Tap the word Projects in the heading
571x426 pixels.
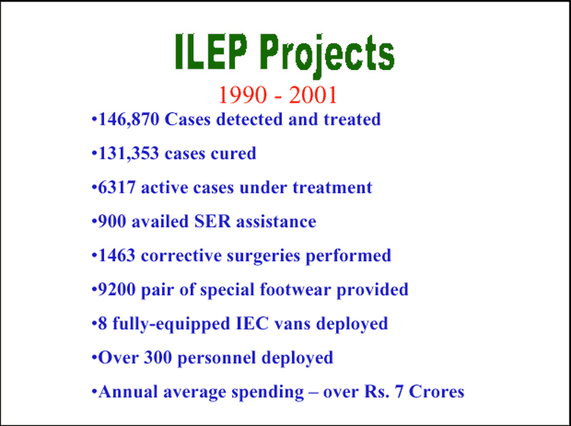328,56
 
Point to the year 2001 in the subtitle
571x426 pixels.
313,95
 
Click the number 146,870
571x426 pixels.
129,119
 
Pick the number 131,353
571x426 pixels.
129,153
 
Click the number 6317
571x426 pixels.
117,188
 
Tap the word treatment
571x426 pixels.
333,188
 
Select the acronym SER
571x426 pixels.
213,221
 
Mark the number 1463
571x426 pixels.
117,255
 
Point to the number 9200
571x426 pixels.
117,290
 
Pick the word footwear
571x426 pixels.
295,290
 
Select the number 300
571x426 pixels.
158,357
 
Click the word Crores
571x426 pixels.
437,392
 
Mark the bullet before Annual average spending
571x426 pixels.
94,392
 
